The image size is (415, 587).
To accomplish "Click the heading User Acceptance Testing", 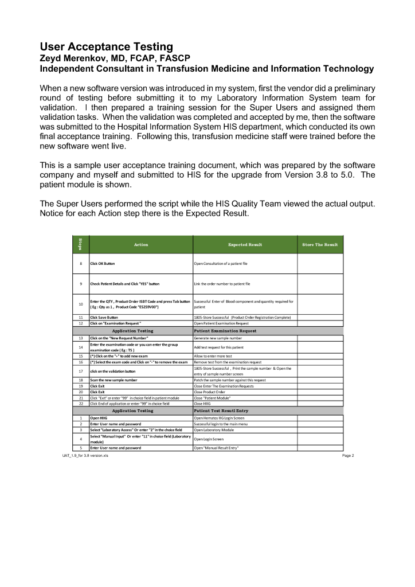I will (x=106, y=46).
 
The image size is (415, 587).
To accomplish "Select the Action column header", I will (x=140, y=245).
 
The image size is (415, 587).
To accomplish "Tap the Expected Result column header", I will (x=245, y=245).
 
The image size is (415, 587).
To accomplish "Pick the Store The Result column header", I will (x=320, y=245).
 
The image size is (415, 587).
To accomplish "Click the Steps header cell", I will (x=80, y=245).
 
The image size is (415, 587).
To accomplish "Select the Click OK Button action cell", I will (x=103, y=263).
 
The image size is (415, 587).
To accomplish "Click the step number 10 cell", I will (x=81, y=304).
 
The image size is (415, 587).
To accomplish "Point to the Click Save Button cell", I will (x=104, y=317).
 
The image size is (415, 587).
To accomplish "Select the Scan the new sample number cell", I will (x=113, y=380).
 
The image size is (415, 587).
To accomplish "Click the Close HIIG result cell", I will (x=203, y=404).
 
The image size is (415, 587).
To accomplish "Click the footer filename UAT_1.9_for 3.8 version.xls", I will (x=85, y=456).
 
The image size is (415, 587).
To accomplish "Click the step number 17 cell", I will (x=81, y=371).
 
